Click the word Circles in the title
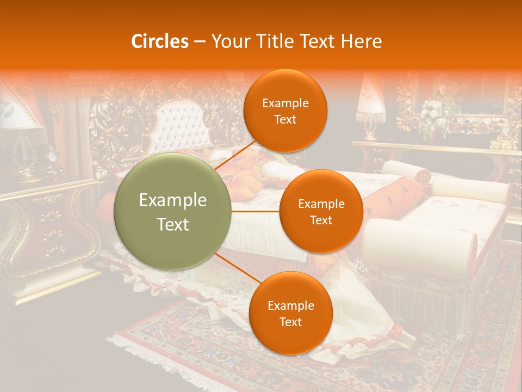159,41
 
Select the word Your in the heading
228,41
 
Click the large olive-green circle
172,211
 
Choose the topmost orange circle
285,111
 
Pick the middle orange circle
321,211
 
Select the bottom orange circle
290,313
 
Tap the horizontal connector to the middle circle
256,211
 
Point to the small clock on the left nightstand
52,156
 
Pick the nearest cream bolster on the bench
419,240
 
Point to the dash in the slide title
199,42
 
